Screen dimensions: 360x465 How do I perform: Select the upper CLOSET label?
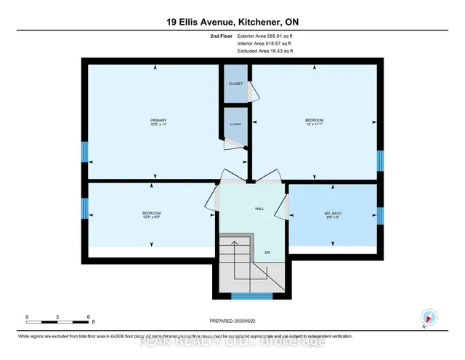pyautogui.click(x=235, y=84)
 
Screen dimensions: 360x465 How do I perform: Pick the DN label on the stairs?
pyautogui.click(x=267, y=252)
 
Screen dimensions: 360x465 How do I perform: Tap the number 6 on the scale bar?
pyautogui.click(x=88, y=317)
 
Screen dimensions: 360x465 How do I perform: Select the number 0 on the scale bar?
pyautogui.click(x=27, y=317)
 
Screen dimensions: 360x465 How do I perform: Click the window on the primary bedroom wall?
pyautogui.click(x=84, y=152)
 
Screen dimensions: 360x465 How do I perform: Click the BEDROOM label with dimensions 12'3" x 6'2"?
pyautogui.click(x=151, y=215)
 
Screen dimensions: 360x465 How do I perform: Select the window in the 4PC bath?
pyautogui.click(x=379, y=216)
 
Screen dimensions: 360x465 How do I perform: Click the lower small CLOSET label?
pyautogui.click(x=235, y=124)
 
